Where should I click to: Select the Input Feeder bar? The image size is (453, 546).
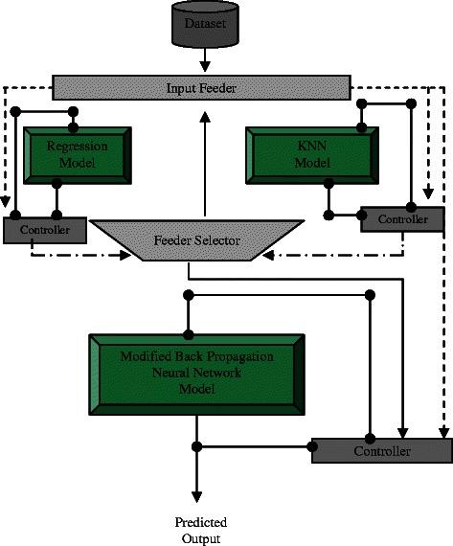click(201, 87)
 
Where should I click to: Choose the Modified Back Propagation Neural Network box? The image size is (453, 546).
click(197, 373)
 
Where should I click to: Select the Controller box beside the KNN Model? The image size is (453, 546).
click(401, 219)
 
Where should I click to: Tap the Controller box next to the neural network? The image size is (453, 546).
click(380, 449)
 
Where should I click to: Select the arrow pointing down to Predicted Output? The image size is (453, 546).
click(197, 479)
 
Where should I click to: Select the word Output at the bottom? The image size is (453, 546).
click(199, 538)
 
